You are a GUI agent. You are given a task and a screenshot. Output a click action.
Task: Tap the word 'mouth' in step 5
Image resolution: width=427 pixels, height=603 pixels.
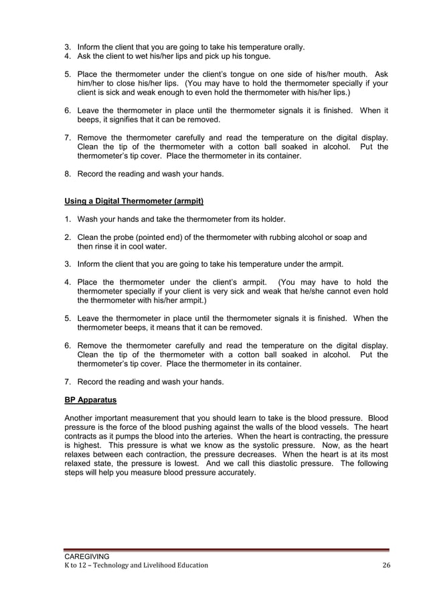coord(348,74)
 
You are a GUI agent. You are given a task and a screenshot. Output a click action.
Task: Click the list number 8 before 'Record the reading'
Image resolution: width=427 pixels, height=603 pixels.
coord(68,174)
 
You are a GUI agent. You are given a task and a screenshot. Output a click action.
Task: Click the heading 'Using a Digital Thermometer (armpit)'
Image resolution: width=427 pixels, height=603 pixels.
coord(134,201)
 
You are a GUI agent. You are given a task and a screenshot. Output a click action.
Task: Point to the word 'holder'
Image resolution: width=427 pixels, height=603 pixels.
coord(270,219)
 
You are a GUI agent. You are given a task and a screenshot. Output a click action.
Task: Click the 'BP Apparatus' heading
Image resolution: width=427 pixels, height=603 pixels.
coord(90,400)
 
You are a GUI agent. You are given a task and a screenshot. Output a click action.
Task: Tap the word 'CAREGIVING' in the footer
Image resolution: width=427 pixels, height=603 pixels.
coord(86,556)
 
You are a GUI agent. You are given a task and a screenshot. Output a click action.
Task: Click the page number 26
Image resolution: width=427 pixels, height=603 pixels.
coord(385,566)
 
